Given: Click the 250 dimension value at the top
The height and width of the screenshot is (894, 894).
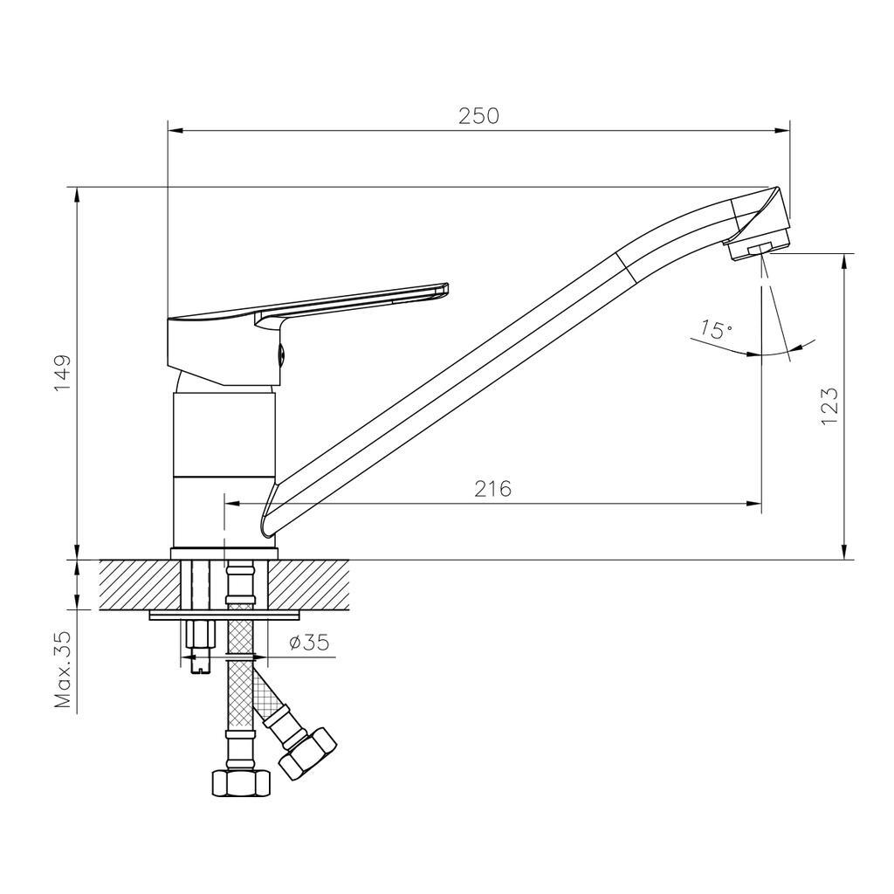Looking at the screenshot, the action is click(478, 116).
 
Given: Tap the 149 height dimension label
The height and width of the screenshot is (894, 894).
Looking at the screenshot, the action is click(62, 373).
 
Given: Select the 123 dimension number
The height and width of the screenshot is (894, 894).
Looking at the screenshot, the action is click(829, 405).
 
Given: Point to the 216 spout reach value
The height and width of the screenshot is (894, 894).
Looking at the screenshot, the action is click(493, 489).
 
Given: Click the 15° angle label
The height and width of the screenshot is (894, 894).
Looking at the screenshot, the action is click(717, 329).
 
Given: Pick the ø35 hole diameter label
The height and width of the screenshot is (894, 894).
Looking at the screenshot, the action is click(310, 643).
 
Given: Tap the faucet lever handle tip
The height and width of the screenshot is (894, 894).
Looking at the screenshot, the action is click(443, 290).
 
